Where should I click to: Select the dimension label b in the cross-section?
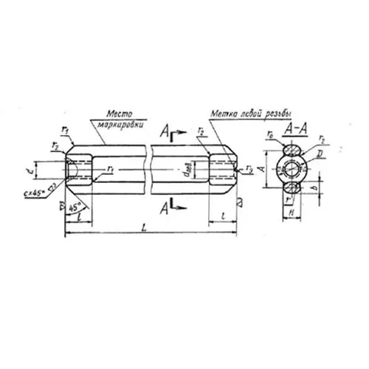(x=323, y=194)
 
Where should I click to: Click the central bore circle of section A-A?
(x=294, y=169)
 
